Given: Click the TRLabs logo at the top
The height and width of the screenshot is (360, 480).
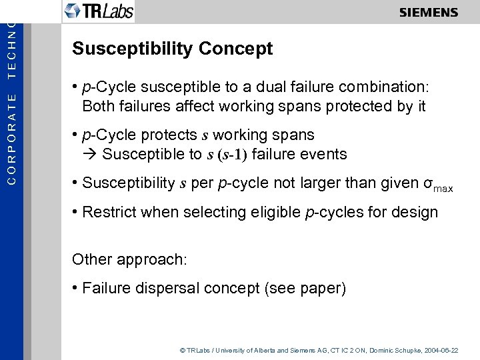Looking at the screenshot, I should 99,11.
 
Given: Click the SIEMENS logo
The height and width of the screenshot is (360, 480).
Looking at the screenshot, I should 429,13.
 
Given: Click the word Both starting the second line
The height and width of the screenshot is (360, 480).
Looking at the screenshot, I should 97,106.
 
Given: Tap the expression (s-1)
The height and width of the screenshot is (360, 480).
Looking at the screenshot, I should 232,155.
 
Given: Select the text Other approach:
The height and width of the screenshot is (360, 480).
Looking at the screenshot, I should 129,259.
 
